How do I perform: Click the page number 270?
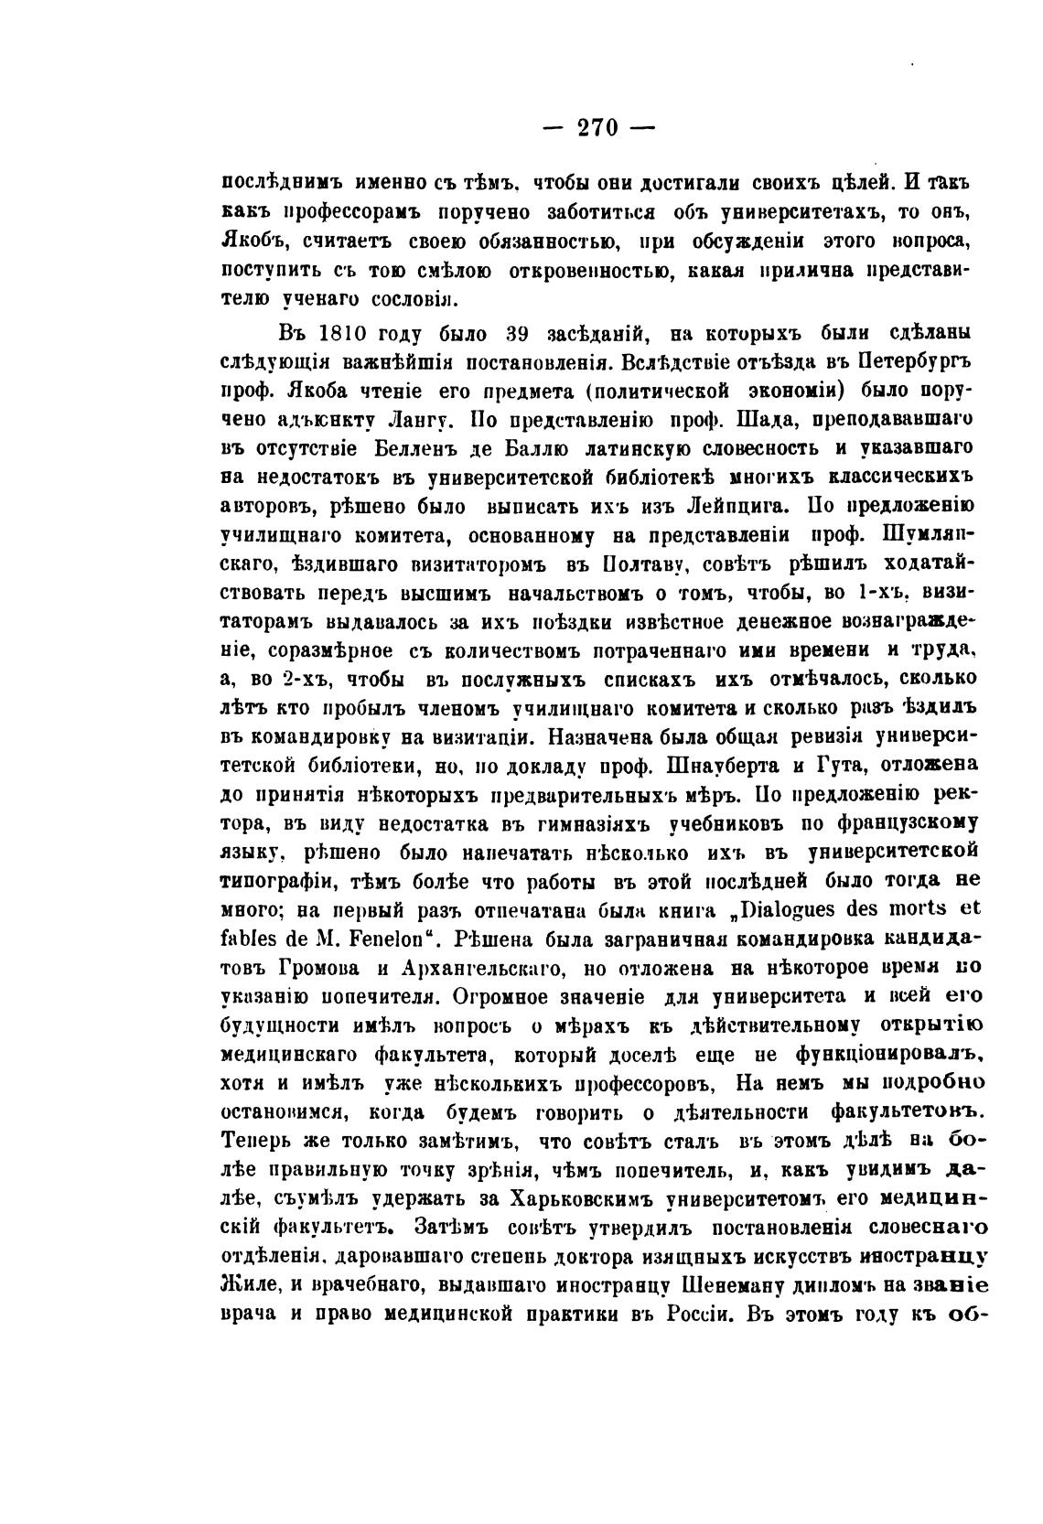tap(599, 128)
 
